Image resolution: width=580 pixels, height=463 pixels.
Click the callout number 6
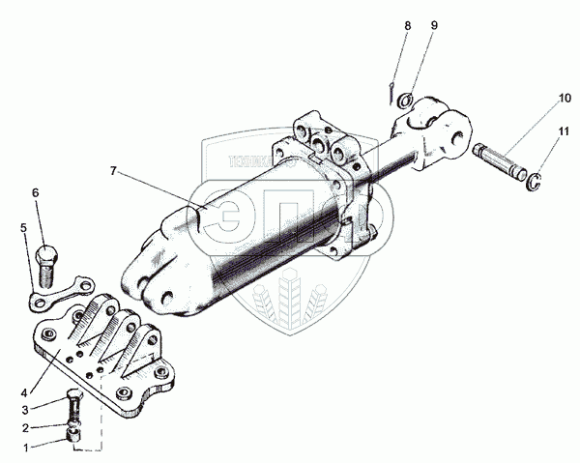[36, 192]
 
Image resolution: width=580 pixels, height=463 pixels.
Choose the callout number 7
[113, 170]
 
